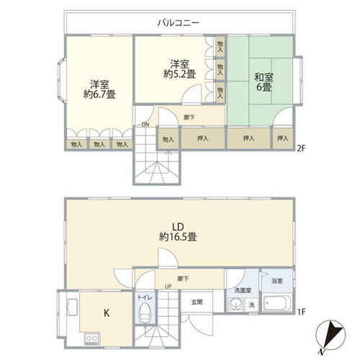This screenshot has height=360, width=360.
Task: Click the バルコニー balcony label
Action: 179,23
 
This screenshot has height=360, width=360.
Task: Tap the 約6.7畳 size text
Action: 99,94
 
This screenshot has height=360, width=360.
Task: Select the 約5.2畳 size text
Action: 179,73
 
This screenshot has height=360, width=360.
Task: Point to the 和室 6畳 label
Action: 264,82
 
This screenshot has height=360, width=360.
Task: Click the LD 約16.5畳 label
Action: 178,232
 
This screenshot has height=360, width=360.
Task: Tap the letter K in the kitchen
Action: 107,313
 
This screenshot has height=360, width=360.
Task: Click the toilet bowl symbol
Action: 145,312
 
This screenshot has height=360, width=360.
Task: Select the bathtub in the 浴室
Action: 276,303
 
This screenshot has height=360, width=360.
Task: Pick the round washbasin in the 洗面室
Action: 235,305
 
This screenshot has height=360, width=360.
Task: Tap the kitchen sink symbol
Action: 73,307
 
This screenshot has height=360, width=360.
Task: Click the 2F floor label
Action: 301,149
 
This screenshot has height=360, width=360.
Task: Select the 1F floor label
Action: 302,312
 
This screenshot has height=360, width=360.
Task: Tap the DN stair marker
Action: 145,125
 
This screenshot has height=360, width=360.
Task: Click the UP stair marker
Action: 168,287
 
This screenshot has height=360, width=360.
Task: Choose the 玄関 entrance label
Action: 197,302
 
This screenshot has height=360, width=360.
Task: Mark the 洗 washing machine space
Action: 251,305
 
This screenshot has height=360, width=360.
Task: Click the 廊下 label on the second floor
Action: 189,117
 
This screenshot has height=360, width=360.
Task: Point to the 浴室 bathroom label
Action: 277,281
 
